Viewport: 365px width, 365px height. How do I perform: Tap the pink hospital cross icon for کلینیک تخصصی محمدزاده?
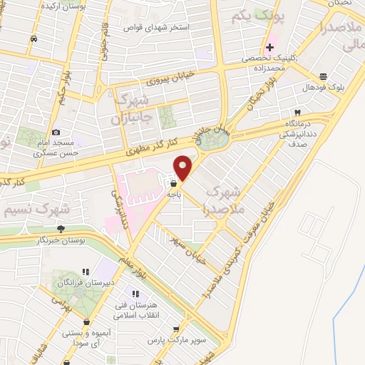coord(270,46)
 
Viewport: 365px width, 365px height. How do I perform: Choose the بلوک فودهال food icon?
coord(323,76)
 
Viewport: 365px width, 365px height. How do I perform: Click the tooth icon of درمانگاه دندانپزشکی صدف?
coord(297,113)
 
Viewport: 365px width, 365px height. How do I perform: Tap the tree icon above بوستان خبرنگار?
coord(61,229)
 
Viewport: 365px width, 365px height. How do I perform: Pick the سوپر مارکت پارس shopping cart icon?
coord(175,329)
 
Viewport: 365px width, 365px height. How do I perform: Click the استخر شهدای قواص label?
coord(157,27)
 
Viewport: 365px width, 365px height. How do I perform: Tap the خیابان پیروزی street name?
coord(165,78)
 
